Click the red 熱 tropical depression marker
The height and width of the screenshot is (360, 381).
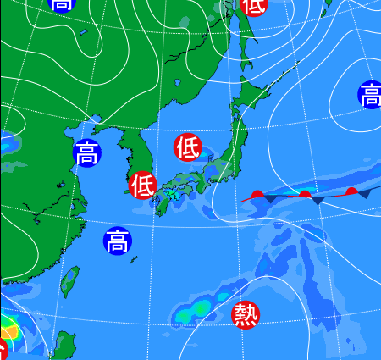pos(246,314)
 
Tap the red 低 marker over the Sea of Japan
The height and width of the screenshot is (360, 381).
pos(187,147)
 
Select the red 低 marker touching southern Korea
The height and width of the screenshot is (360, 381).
pos(142,184)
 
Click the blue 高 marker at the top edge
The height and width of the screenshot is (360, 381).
pos(61,4)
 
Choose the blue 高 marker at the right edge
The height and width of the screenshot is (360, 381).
pos(370,95)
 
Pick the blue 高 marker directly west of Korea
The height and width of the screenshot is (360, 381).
pos(86,153)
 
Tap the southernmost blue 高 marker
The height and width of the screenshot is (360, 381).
pos(118,241)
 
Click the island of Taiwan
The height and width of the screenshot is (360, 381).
pos(70,283)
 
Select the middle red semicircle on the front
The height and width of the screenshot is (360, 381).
pos(304,196)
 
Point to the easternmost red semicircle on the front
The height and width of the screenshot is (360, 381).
pos(351,191)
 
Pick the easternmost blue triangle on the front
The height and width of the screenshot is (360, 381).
pos(365,195)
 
